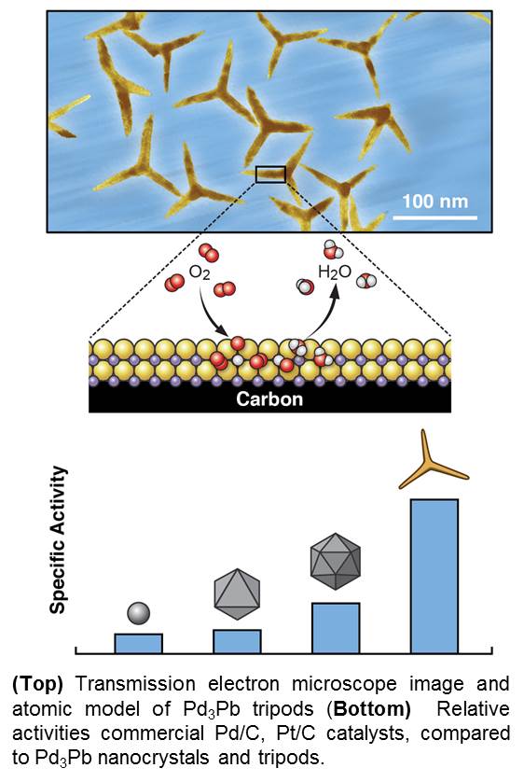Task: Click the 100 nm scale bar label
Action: coord(435,202)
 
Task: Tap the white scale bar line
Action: coord(434,217)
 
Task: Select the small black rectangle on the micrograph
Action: coord(270,175)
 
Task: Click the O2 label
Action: coord(200,273)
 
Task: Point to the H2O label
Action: coord(335,272)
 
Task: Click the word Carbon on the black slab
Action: coord(269,399)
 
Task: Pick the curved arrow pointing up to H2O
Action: coord(324,314)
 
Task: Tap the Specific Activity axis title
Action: coord(58,540)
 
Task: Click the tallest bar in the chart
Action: coord(434,576)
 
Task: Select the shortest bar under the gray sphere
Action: coord(139,643)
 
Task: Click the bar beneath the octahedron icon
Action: coord(237,641)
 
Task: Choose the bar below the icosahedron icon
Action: coord(336,628)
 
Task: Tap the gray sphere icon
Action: coord(139,613)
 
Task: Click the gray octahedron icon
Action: coord(237,593)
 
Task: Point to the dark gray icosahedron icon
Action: coord(336,561)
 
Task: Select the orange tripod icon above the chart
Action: coord(430,464)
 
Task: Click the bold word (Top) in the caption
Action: coord(38,684)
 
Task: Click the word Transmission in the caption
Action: coord(135,684)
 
